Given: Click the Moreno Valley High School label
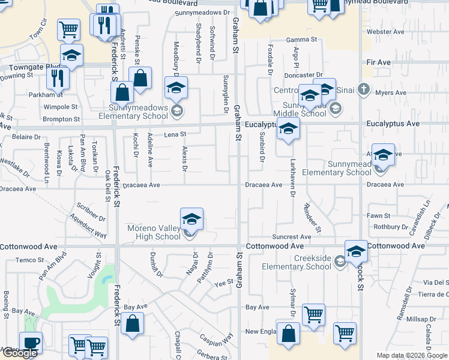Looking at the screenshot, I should [154, 232].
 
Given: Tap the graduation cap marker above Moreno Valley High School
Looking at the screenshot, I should [191, 219].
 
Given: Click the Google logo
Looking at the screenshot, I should [19, 353].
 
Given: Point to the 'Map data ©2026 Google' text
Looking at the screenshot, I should [412, 355].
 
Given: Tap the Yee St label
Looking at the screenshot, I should [223, 281].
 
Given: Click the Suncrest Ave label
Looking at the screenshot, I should [291, 237].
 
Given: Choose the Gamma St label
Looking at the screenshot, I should [301, 40].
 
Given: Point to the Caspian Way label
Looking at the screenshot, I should [216, 338].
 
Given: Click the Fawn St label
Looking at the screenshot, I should [379, 215].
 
